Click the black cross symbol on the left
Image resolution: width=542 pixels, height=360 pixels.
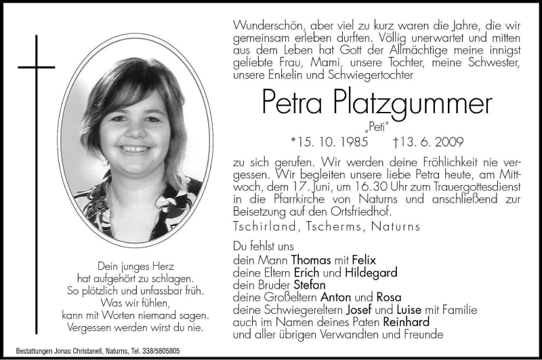[x=36, y=67]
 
